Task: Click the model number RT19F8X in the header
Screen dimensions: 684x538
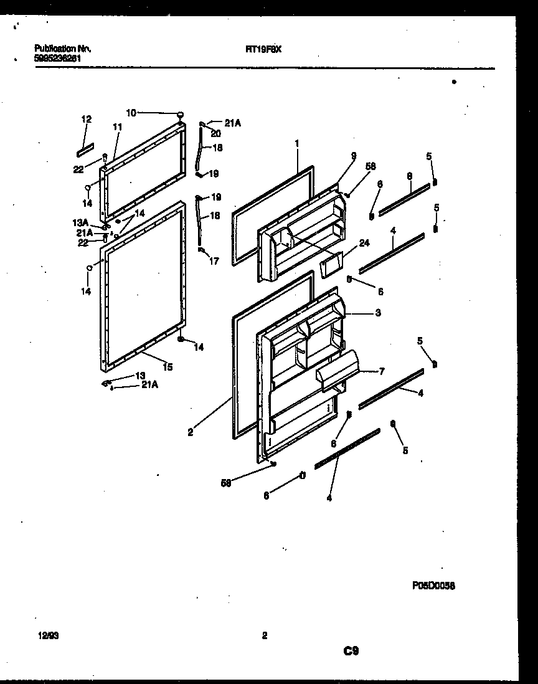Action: [x=264, y=48]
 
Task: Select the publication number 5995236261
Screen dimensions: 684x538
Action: [x=59, y=57]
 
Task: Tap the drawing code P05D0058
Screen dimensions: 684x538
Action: [x=433, y=586]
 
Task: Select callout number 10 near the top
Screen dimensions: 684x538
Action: [x=131, y=113]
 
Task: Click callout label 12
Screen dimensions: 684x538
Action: [x=86, y=118]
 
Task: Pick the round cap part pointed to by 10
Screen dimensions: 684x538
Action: [x=181, y=114]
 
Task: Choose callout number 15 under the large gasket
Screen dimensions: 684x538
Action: [x=168, y=368]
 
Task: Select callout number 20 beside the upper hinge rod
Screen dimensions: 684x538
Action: [x=215, y=133]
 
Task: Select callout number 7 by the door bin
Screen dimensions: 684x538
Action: [x=381, y=371]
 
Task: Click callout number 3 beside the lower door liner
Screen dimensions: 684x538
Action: [x=378, y=312]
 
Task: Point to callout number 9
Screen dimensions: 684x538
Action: [x=353, y=156]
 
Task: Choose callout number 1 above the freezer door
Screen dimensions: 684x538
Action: [x=297, y=143]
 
